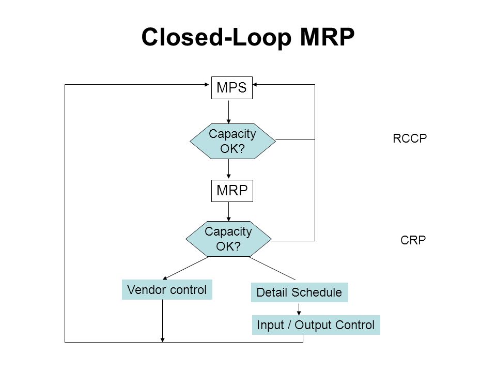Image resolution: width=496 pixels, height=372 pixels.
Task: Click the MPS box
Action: (x=232, y=88)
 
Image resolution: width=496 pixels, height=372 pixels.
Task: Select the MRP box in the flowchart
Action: (x=232, y=191)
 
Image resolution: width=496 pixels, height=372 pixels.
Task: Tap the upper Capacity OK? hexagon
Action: (x=233, y=141)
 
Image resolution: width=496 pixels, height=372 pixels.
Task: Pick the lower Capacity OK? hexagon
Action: (x=228, y=239)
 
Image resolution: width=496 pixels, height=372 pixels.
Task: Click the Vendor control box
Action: (x=167, y=289)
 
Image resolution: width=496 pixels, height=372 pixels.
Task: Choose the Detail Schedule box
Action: (x=300, y=292)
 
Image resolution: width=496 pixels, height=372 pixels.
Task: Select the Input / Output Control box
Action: (x=316, y=325)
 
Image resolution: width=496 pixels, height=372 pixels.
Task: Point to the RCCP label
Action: (x=410, y=138)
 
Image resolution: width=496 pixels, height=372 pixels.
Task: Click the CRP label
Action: (x=413, y=240)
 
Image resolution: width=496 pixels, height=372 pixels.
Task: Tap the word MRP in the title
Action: (x=327, y=37)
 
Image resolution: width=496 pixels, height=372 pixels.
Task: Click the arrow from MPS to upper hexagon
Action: (x=229, y=112)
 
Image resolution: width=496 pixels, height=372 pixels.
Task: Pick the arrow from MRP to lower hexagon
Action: (x=229, y=211)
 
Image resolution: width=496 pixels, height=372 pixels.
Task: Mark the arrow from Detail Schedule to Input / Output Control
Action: (x=299, y=309)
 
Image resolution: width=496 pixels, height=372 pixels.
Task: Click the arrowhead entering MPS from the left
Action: (x=207, y=84)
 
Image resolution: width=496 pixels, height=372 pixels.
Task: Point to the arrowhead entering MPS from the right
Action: (x=255, y=84)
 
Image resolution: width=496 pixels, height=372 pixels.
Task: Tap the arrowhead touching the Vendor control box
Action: (x=165, y=278)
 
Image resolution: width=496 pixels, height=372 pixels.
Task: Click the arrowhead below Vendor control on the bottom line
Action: (x=162, y=340)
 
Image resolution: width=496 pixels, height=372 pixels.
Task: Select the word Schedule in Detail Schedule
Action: (x=317, y=292)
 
